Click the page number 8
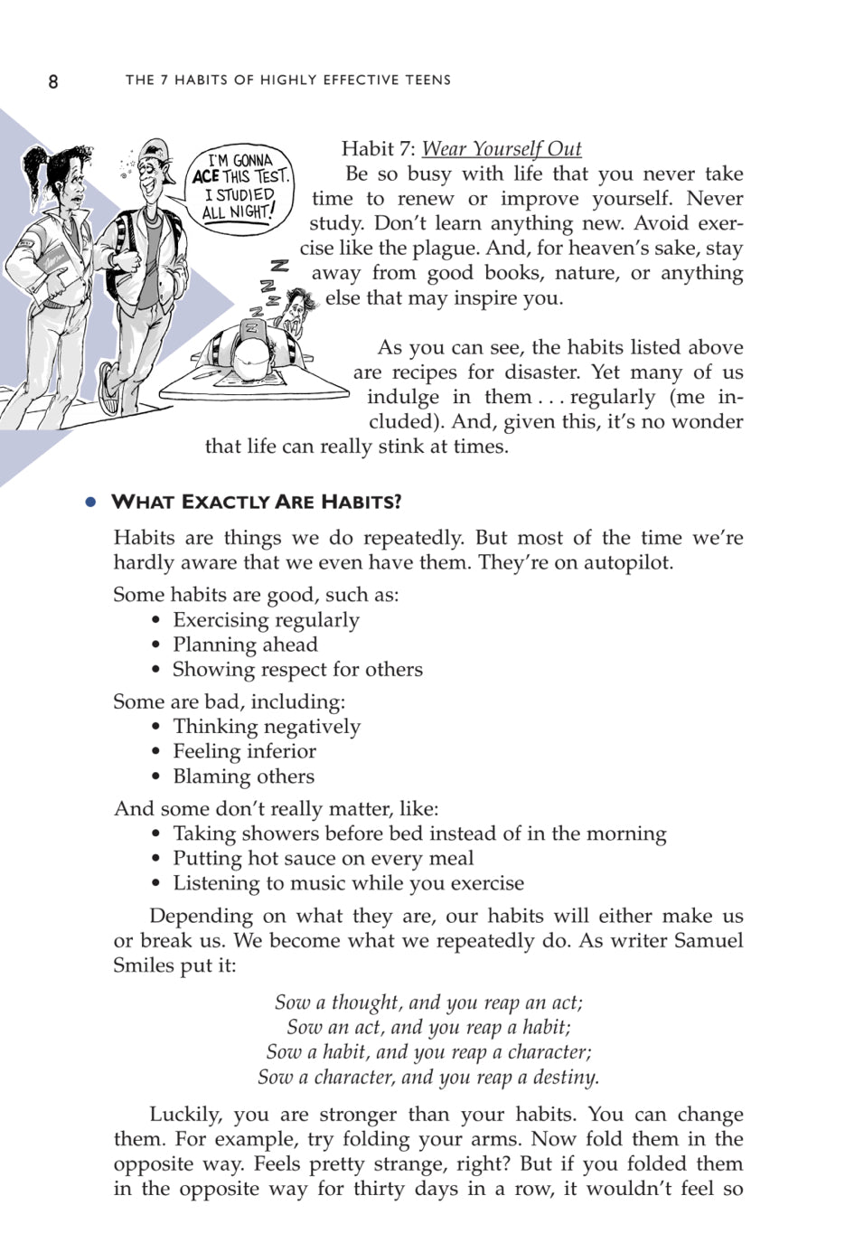[53, 81]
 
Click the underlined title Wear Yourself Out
[502, 149]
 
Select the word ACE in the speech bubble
[206, 177]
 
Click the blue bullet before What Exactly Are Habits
[90, 503]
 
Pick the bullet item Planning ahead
[245, 645]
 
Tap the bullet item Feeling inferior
[244, 751]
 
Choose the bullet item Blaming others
[243, 777]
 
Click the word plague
[429, 249]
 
